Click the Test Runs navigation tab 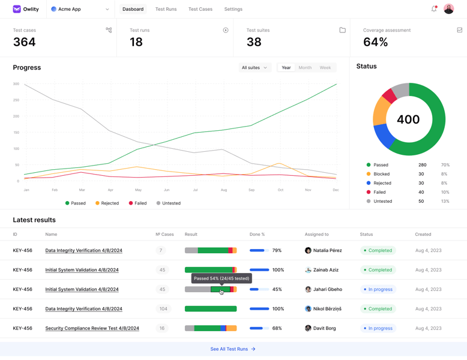coord(166,9)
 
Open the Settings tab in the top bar coord(233,9)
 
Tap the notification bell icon coord(434,9)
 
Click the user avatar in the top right coord(449,9)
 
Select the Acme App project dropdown coord(80,9)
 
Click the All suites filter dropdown coord(255,68)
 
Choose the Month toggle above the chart coord(305,68)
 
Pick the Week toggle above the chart coord(325,68)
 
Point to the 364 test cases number coord(25,42)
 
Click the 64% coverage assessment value coord(376,42)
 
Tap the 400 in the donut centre coord(408,119)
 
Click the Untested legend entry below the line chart coord(168,203)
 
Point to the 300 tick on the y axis coord(16,84)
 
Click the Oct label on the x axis coord(280,190)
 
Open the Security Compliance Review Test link coord(92,328)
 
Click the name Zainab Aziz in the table coord(325,270)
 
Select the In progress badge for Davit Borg coord(378,328)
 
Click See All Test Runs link coord(233,349)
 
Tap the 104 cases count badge coord(163,308)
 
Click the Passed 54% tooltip coord(221,278)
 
